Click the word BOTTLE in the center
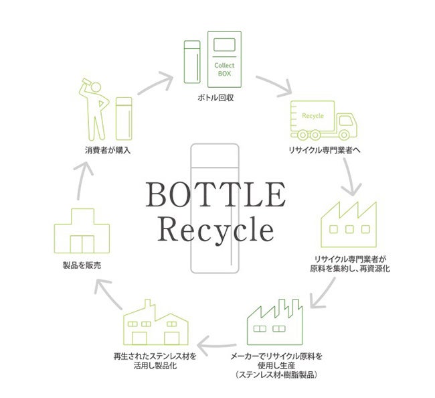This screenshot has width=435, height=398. pos(215,194)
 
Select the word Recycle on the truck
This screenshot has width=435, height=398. pos(313,116)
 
